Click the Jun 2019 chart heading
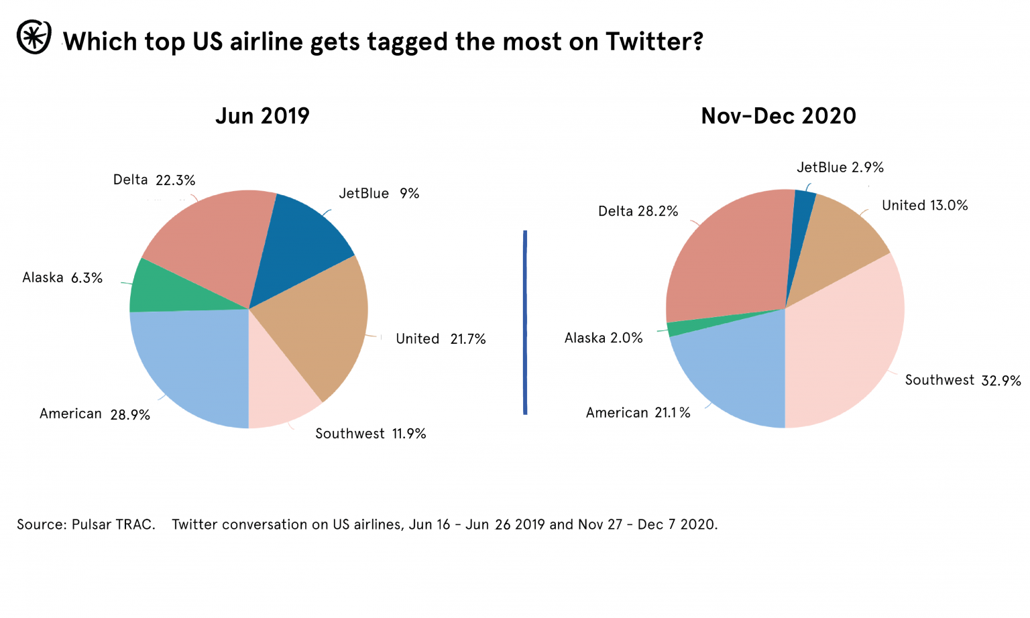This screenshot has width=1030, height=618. (x=262, y=116)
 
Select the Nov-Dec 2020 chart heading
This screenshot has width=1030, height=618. (x=778, y=116)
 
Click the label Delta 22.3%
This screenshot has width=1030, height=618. (x=154, y=180)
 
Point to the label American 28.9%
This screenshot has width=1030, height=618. (x=95, y=414)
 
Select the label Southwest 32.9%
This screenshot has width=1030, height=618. (x=962, y=380)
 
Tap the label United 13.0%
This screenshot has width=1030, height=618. (x=924, y=205)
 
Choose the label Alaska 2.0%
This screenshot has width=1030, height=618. (x=603, y=338)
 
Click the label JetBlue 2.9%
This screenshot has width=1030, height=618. (x=840, y=167)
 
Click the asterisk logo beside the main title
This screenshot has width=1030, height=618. (x=34, y=38)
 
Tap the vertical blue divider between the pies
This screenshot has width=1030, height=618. (x=525, y=322)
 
